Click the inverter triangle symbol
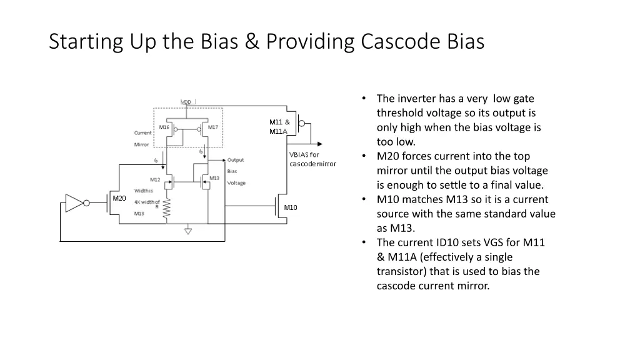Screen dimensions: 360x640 74,202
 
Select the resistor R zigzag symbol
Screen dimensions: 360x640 167,210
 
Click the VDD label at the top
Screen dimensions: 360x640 187,102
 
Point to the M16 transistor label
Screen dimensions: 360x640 164,127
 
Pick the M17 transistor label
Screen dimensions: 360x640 213,127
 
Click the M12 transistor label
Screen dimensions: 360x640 155,179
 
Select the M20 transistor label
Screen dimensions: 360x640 119,198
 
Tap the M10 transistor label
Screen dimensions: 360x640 291,207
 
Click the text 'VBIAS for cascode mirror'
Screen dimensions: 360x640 312,159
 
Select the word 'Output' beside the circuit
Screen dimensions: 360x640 236,160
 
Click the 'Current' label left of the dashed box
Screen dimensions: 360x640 142,132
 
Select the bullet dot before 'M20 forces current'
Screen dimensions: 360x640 364,156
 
